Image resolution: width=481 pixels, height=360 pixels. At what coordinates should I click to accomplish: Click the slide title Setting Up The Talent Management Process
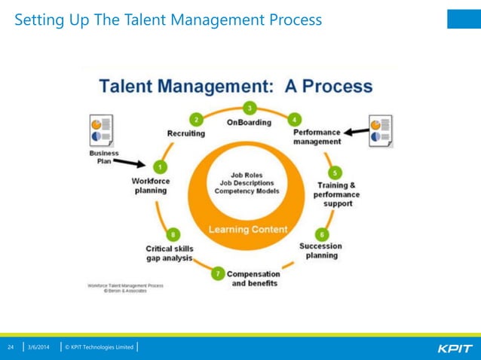[168, 19]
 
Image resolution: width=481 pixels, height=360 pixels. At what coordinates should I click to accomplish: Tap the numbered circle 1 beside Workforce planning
[159, 166]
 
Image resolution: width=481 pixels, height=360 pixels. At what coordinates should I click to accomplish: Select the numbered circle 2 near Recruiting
[197, 119]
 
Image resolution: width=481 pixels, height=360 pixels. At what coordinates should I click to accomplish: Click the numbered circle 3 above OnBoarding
[250, 107]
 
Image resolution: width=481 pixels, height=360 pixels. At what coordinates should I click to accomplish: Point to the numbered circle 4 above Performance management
[294, 119]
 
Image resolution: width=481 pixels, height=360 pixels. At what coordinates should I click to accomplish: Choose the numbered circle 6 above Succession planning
[321, 233]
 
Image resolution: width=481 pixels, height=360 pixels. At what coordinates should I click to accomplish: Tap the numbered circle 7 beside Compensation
[218, 273]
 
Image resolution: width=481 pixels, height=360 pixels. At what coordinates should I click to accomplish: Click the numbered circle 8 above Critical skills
[174, 234]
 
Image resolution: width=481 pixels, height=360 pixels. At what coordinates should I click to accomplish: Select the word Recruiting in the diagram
[185, 133]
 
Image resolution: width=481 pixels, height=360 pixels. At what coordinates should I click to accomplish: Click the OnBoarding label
[249, 122]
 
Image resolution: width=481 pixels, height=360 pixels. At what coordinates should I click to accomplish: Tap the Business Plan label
[98, 157]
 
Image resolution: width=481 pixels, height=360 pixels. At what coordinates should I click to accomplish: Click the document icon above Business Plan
[101, 130]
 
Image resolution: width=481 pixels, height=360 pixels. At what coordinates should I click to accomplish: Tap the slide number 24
[11, 347]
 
